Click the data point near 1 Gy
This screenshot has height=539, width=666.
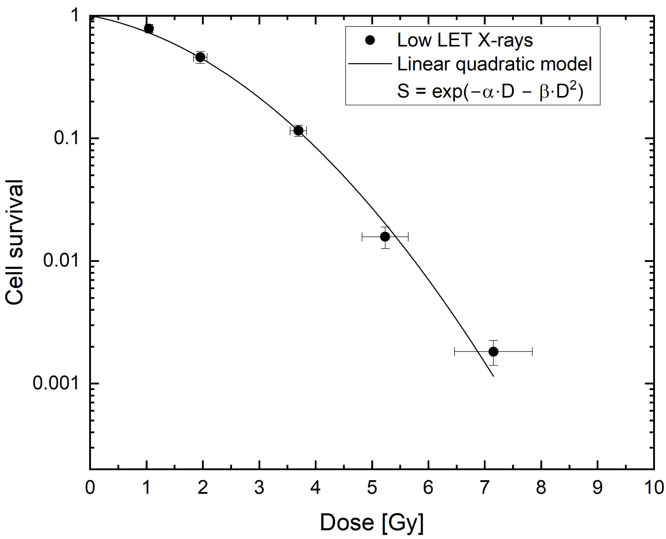coord(149,29)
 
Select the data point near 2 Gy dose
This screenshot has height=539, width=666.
coord(200,57)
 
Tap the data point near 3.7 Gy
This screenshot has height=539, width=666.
coord(298,131)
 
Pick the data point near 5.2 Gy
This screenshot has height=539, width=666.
coord(385,237)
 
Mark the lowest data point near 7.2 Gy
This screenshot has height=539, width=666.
coord(493,352)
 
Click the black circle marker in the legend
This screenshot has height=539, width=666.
coord(370,40)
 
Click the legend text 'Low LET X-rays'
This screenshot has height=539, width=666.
coord(465,40)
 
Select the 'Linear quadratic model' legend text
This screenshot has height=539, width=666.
coord(495,64)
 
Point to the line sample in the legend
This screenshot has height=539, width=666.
coord(370,64)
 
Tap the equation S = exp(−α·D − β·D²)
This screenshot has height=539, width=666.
coord(490,91)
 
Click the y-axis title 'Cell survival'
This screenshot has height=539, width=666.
coord(14,242)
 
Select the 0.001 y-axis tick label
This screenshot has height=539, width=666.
coord(56,383)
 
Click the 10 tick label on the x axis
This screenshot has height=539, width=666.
coord(654,488)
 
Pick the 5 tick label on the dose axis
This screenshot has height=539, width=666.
coord(372,488)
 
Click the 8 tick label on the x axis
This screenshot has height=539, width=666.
coord(541,488)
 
